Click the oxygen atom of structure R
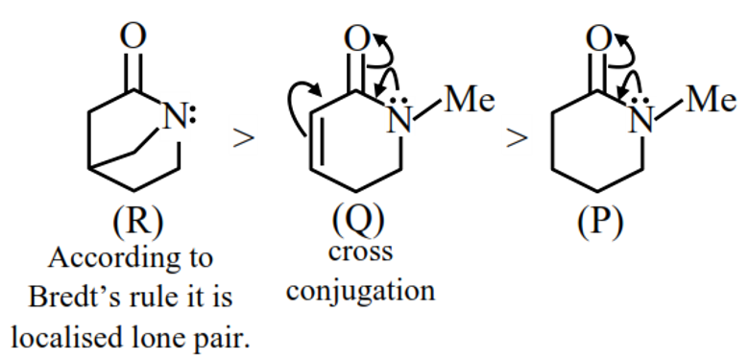tap(136, 36)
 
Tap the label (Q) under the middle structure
tap(357, 223)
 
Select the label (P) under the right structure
tap(600, 223)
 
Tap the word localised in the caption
tap(74, 335)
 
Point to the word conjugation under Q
tap(361, 288)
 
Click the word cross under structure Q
tap(360, 252)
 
